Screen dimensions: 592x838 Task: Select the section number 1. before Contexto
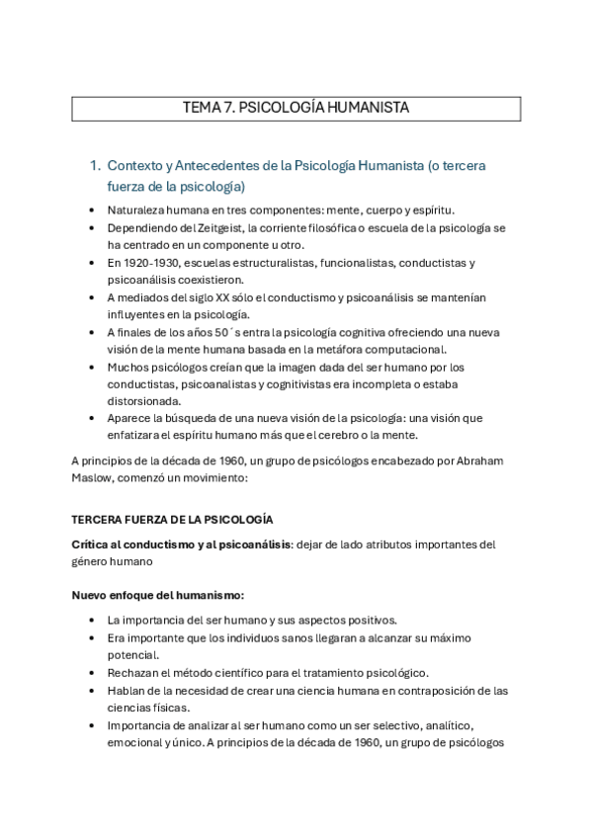[95, 165]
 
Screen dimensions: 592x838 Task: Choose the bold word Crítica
[91, 544]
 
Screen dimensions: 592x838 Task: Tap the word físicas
[167, 708]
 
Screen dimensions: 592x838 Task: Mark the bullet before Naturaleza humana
[92, 210]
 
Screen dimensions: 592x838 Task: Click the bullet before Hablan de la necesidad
[92, 690]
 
